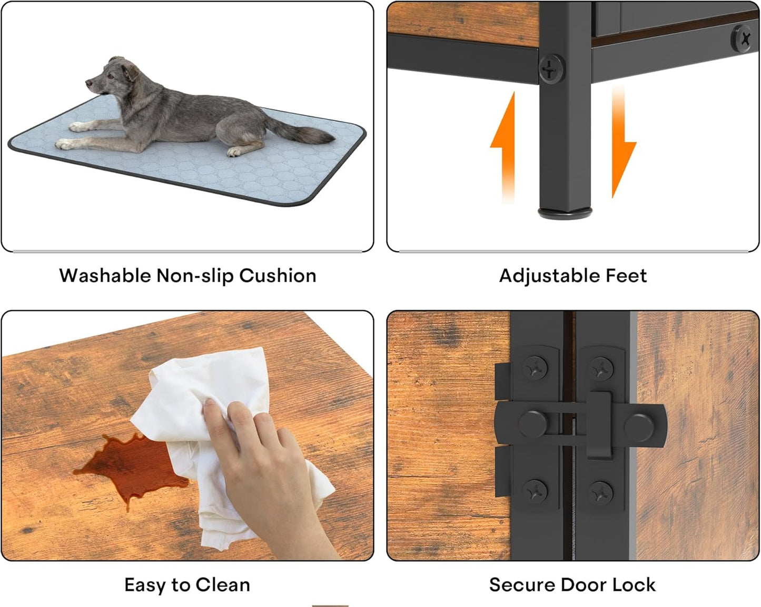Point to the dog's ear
130,72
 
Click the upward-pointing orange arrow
503,147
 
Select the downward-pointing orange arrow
623,142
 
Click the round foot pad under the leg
565,213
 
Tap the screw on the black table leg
551,69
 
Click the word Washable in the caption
105,275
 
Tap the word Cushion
278,275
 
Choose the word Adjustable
550,276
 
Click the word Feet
626,275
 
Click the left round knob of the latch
533,424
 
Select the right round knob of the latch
639,427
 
